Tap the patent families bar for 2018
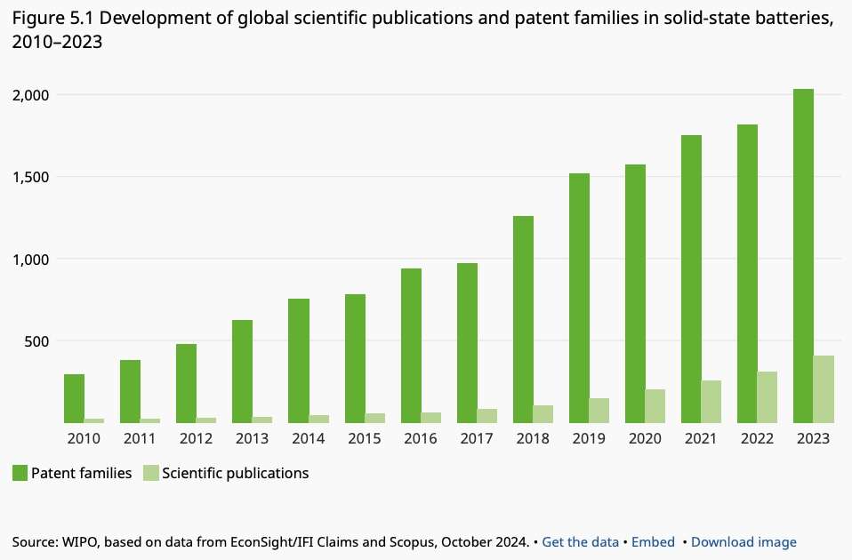[523, 319]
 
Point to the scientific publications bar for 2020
[655, 406]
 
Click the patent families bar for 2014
[299, 361]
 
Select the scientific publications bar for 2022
[768, 397]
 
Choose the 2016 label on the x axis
[421, 439]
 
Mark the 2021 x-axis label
[702, 439]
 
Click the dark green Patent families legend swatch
[20, 473]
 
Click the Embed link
[651, 542]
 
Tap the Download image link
[743, 542]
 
